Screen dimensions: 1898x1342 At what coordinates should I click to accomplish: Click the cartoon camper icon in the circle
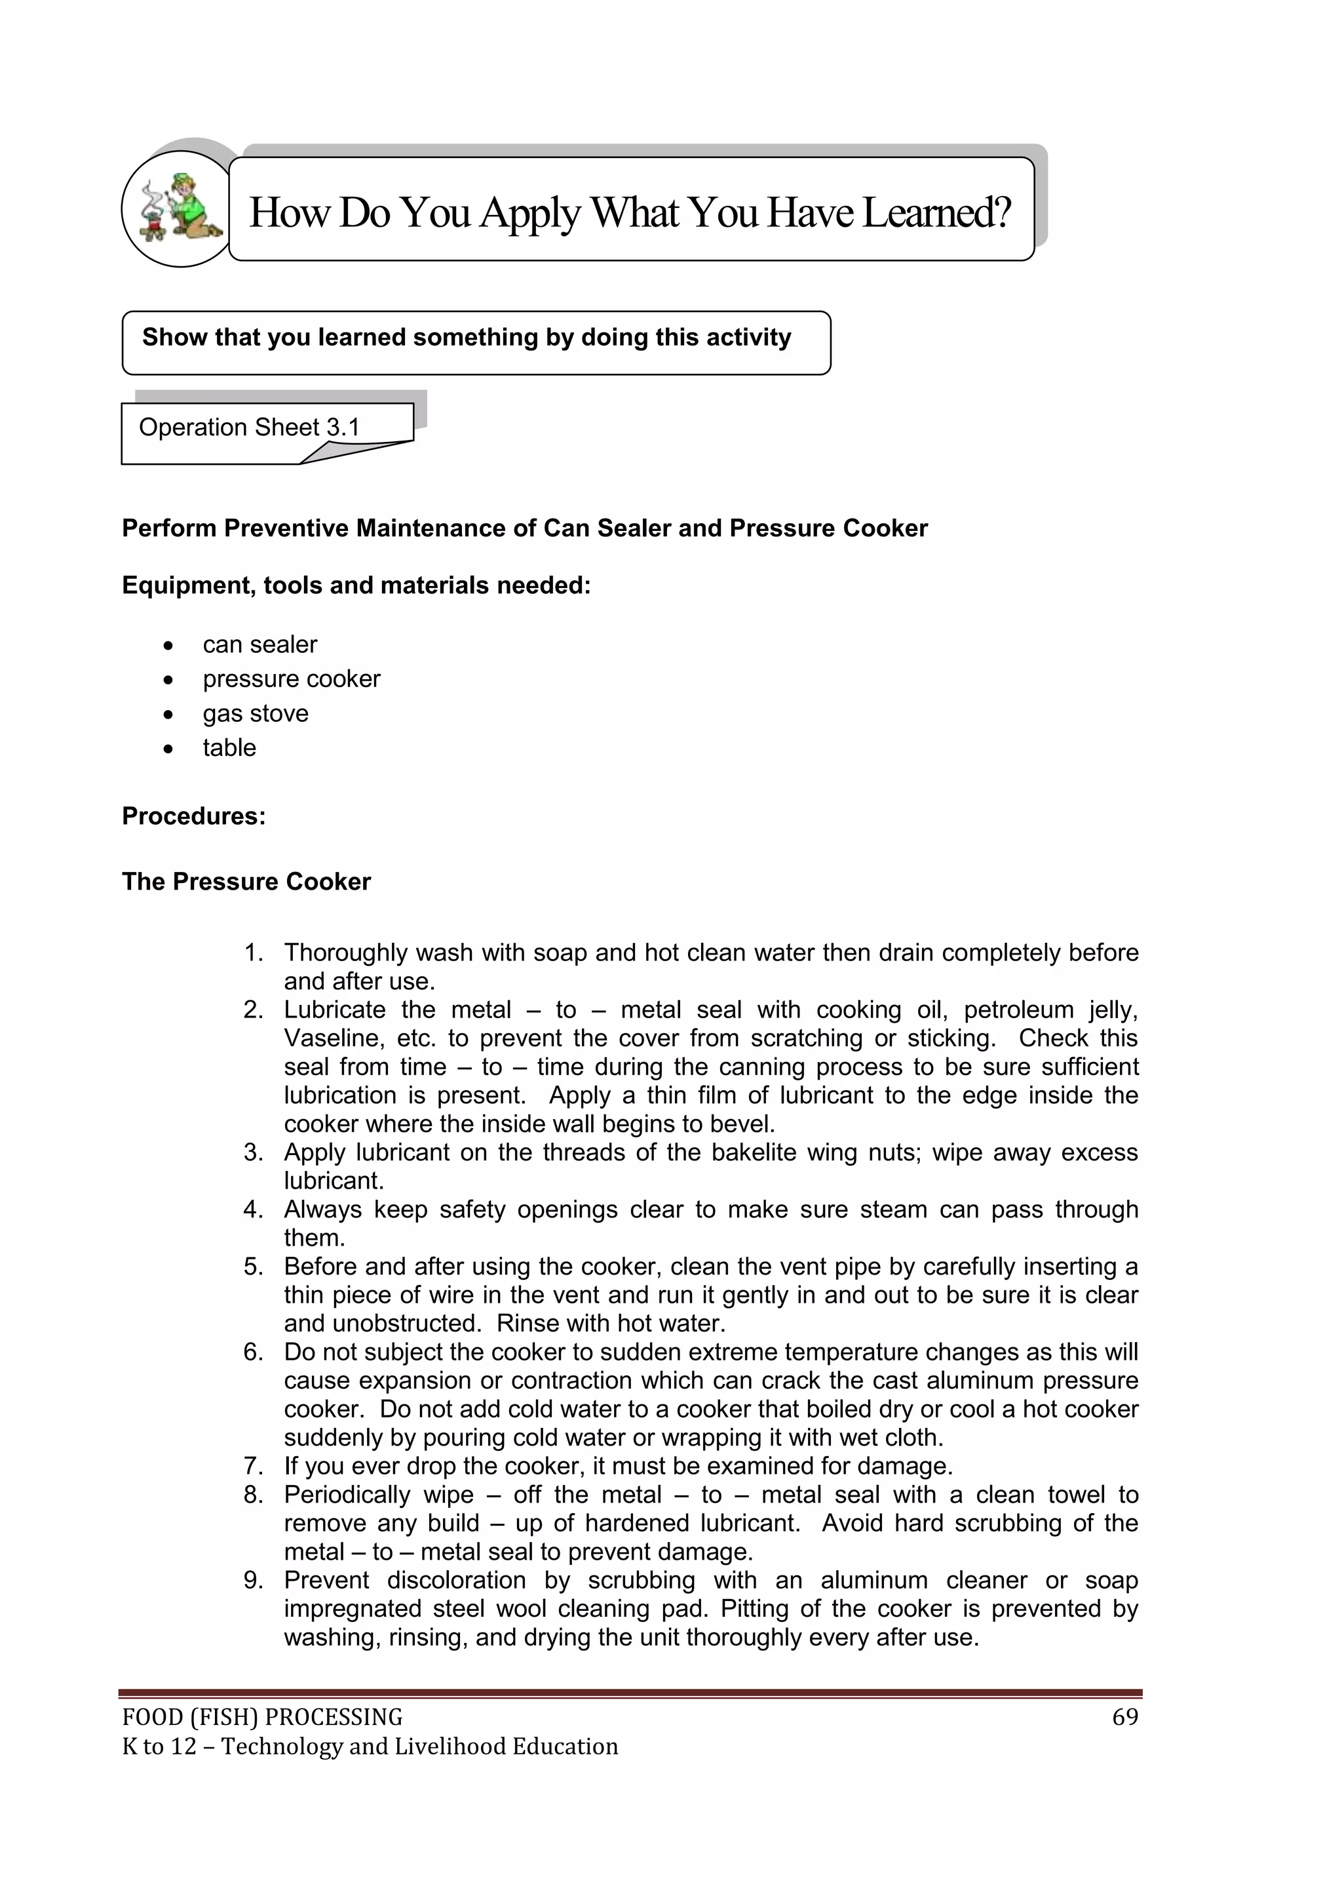(178, 208)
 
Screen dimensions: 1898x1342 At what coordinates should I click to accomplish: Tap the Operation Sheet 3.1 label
(249, 427)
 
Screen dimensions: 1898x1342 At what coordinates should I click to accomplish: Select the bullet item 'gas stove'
(256, 713)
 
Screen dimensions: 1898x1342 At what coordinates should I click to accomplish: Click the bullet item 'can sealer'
(259, 644)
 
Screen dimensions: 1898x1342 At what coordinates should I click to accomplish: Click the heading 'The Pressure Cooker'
(246, 881)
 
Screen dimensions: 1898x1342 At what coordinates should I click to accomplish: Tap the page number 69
(1124, 1718)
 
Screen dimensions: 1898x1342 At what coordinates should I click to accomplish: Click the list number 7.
(252, 1467)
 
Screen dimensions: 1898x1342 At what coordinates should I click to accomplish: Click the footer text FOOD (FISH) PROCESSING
(262, 1718)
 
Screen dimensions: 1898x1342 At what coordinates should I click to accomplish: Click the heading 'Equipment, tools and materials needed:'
(356, 585)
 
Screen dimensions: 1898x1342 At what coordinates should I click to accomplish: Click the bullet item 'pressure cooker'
(291, 679)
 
